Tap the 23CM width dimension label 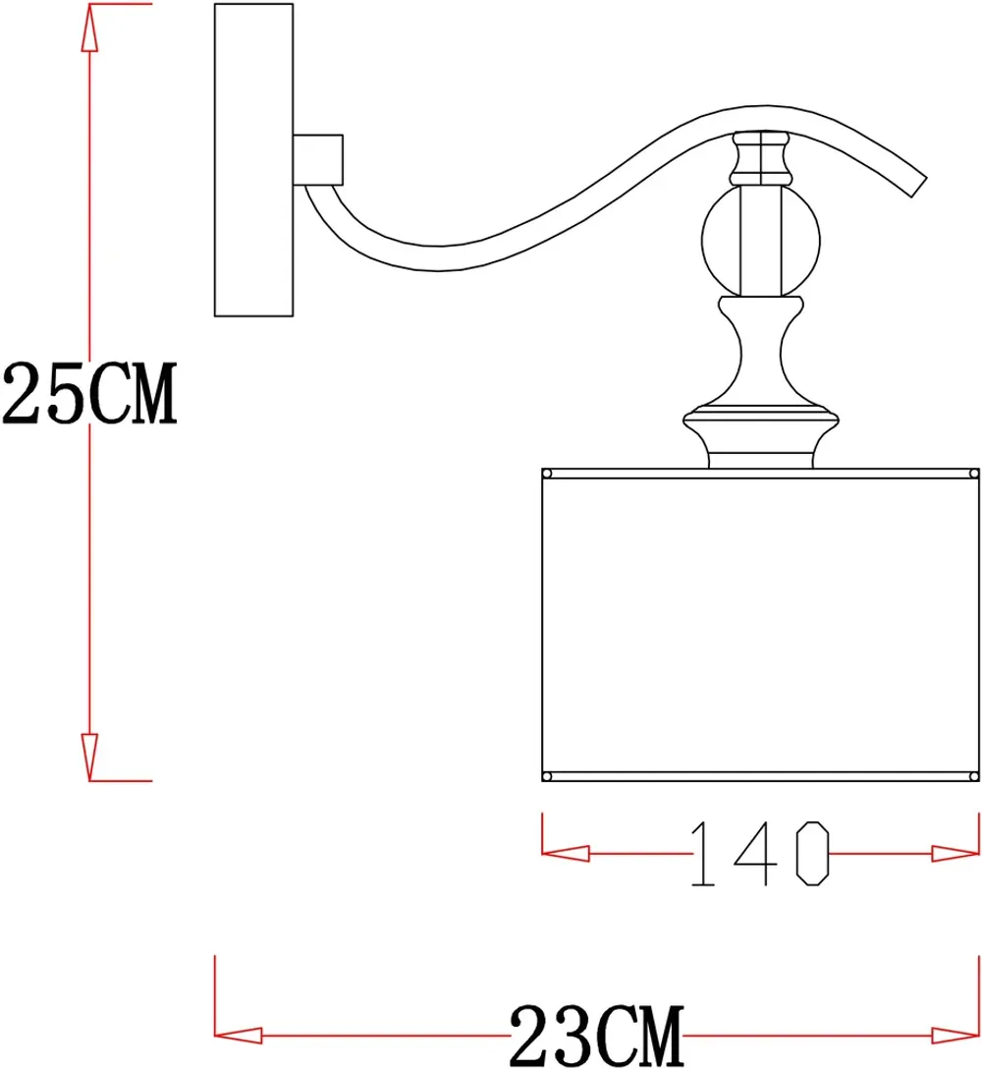595,1034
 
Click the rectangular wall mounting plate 253,160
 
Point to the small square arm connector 318,159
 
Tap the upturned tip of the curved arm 913,182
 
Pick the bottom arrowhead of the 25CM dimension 89,755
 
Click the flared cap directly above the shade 763,432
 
